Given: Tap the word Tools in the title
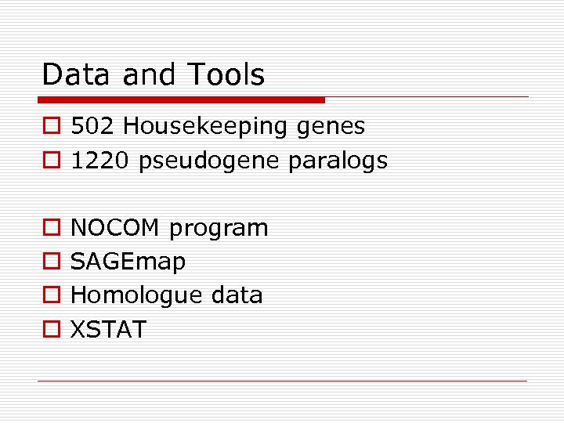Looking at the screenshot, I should [x=226, y=75].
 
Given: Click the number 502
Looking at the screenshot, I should [x=93, y=126].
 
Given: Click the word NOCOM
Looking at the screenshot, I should [x=116, y=229].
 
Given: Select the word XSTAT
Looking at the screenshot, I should [x=108, y=330].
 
